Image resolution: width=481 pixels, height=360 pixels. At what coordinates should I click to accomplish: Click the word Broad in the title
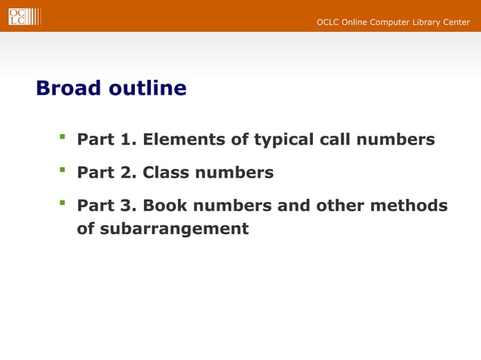[x=69, y=89]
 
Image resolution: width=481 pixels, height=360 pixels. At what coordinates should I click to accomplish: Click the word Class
[x=166, y=173]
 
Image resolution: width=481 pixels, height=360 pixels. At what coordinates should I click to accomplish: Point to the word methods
[x=414, y=206]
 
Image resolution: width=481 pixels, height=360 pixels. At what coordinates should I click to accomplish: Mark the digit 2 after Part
[x=127, y=173]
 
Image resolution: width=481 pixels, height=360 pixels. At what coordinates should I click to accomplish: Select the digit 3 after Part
[x=127, y=206]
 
